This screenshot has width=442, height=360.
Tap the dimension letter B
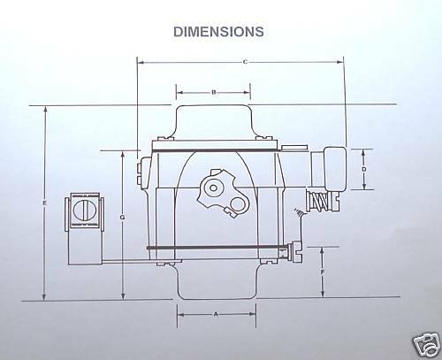[x=214, y=91]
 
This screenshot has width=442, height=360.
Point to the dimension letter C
[x=244, y=61]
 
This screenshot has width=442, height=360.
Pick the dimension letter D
[x=363, y=167]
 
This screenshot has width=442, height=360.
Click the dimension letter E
[x=43, y=203]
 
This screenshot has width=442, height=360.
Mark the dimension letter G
[x=121, y=217]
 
